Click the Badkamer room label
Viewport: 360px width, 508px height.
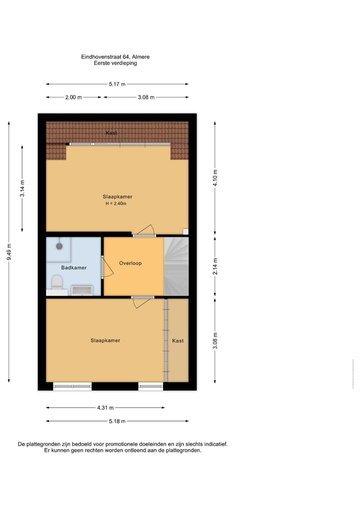click(73, 268)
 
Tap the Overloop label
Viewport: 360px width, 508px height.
click(130, 263)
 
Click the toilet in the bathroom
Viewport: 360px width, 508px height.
click(56, 283)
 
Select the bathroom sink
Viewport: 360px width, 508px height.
click(81, 290)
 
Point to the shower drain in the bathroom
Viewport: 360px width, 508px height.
click(59, 246)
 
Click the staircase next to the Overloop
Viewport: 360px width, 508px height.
click(176, 266)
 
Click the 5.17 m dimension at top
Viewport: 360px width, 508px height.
click(117, 84)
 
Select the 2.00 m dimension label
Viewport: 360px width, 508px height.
click(73, 97)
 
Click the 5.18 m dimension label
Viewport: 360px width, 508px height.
click(117, 421)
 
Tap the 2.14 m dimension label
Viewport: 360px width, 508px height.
click(215, 266)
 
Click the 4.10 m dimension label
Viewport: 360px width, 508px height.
click(215, 178)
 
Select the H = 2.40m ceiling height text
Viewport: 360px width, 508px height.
click(115, 204)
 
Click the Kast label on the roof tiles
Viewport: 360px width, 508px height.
click(111, 133)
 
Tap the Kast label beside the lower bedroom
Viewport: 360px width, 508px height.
click(178, 341)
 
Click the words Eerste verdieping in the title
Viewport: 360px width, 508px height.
click(115, 63)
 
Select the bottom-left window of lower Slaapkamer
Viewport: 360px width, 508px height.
click(72, 386)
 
